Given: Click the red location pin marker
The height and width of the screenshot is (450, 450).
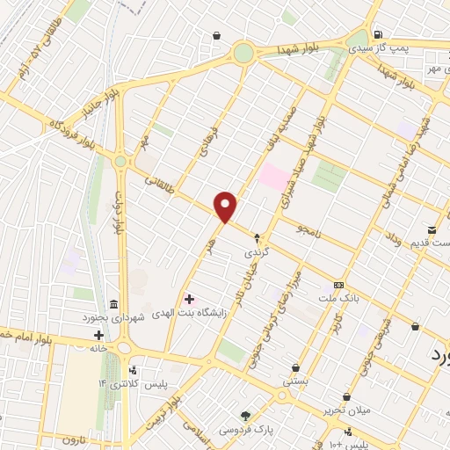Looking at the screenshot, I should (x=226, y=207).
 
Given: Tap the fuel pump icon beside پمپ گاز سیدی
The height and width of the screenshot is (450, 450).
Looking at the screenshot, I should (x=379, y=36).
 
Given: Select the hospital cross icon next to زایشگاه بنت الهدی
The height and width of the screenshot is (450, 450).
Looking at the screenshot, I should (x=189, y=300).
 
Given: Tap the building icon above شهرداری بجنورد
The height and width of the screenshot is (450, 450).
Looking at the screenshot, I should (x=112, y=303).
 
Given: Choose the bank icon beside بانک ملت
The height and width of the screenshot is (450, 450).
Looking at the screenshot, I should (x=339, y=285).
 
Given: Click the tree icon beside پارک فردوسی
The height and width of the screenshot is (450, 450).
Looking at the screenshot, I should (x=246, y=415).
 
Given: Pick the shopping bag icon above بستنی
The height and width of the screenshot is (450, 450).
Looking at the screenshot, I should (x=296, y=368).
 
